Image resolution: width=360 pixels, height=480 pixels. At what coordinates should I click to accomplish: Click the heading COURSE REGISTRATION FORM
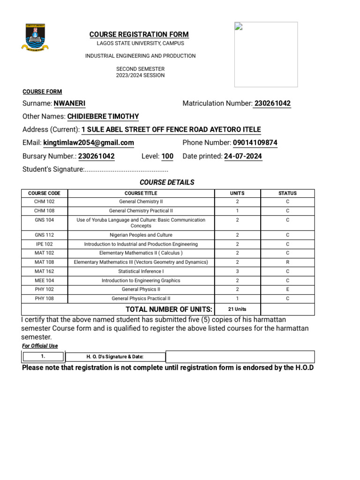click(x=139, y=34)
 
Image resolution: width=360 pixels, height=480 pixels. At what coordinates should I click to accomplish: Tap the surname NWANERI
click(x=69, y=104)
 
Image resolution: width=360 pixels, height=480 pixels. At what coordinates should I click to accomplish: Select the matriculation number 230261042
click(x=272, y=104)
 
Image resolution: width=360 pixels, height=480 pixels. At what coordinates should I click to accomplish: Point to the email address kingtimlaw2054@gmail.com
click(x=89, y=143)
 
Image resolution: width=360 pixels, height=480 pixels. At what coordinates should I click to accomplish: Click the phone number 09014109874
click(x=255, y=143)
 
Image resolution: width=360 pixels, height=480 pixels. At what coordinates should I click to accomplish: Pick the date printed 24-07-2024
click(x=243, y=157)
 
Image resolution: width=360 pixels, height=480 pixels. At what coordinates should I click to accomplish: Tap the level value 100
click(x=167, y=157)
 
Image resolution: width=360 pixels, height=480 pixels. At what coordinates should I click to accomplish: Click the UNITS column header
click(x=237, y=193)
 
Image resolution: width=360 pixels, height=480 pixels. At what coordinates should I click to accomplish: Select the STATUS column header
click(x=287, y=193)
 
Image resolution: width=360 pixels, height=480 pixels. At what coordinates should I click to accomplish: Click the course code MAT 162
click(x=44, y=271)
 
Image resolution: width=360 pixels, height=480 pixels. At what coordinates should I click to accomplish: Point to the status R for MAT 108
click(x=287, y=262)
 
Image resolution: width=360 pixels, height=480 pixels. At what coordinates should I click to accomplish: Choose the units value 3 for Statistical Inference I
click(x=237, y=271)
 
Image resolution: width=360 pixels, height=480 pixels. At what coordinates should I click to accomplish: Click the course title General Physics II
click(x=141, y=290)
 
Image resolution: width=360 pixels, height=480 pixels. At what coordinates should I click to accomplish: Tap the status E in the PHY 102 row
click(x=287, y=290)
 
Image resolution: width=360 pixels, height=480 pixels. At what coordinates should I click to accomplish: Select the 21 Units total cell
click(x=237, y=309)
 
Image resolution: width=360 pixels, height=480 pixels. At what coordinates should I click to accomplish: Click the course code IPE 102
click(x=44, y=244)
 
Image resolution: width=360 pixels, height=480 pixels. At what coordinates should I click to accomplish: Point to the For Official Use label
click(x=40, y=346)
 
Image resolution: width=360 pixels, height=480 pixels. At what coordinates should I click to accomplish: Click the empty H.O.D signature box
click(x=240, y=357)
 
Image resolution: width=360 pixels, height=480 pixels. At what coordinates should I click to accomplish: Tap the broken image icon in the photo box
click(x=238, y=26)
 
